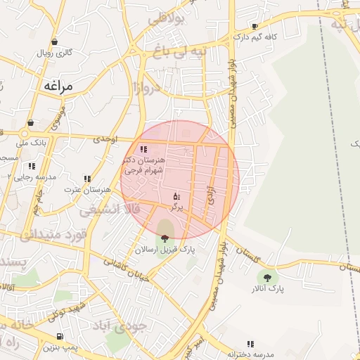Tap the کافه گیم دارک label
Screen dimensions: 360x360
click(252, 36)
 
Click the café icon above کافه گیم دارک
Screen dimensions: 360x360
click(255, 26)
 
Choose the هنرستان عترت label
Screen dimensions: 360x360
click(88, 189)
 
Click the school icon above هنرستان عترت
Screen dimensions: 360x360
click(87, 179)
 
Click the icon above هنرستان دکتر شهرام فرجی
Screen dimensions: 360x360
click(144, 149)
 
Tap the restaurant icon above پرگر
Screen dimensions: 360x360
click(176, 197)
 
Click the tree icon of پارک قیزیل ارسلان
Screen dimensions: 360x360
click(165, 238)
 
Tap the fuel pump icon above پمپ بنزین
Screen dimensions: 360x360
click(59, 336)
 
